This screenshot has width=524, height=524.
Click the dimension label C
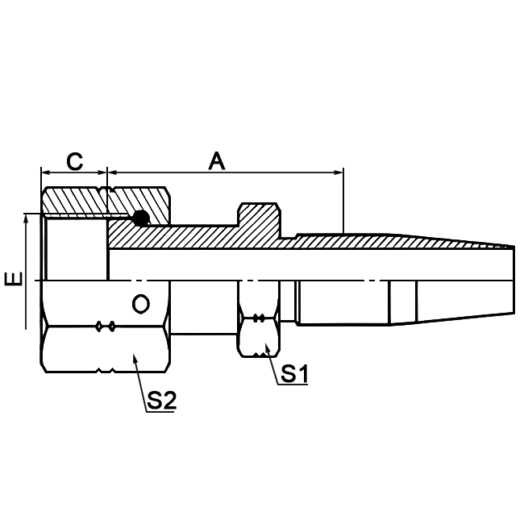(x=74, y=160)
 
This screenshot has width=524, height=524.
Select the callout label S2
(x=161, y=401)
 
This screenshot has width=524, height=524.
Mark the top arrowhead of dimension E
(x=27, y=218)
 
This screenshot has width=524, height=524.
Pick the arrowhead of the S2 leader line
(x=134, y=353)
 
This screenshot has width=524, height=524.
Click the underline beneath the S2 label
(x=161, y=412)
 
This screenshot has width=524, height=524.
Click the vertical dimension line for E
(x=27, y=274)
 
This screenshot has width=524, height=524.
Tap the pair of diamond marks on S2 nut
(x=106, y=326)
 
